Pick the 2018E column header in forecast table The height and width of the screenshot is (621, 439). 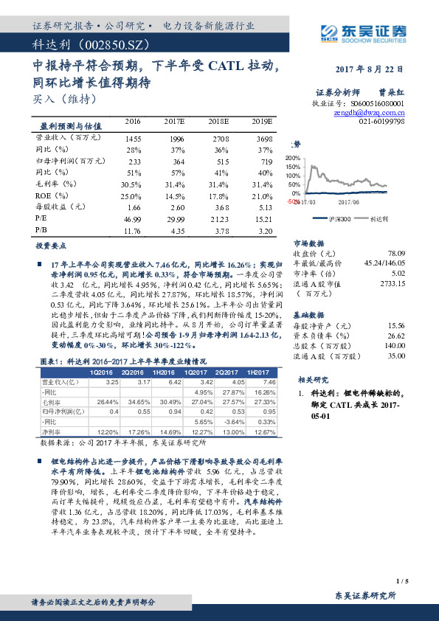point(219,121)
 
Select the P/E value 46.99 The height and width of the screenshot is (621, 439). point(133,220)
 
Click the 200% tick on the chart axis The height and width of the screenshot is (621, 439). point(292,158)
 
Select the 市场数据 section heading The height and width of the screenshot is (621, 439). point(309,241)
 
